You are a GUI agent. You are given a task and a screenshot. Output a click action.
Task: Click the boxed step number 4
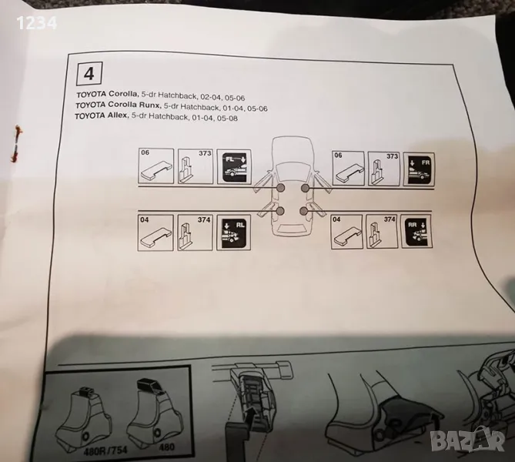(x=89, y=74)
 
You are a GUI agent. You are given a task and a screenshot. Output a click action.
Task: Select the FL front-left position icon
(x=234, y=167)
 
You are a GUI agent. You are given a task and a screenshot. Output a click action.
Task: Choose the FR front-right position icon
(x=419, y=169)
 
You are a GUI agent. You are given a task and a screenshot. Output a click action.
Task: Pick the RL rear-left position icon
(x=234, y=233)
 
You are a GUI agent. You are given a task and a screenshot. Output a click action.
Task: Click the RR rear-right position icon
(x=416, y=232)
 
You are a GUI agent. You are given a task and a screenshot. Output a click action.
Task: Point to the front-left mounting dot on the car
(x=281, y=188)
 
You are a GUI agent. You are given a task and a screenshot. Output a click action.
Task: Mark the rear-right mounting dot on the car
(x=304, y=210)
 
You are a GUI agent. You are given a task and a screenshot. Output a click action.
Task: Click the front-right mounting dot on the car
(x=305, y=188)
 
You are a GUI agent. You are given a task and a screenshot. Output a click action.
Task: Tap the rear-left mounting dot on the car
(x=280, y=211)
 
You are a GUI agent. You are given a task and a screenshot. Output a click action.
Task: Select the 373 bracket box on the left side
(x=195, y=166)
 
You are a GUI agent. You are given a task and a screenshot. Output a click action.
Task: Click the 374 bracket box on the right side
(x=381, y=231)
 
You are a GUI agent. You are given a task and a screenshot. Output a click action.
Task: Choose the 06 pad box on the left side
(x=156, y=166)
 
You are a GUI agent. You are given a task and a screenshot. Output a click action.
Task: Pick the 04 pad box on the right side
(x=347, y=232)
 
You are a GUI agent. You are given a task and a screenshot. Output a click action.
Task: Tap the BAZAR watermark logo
(x=467, y=441)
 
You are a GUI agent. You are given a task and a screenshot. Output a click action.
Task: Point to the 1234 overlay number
(x=37, y=23)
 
